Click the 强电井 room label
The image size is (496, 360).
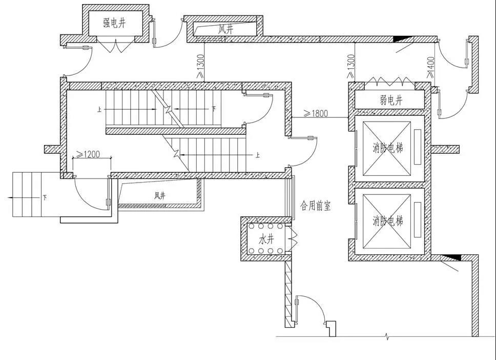[x=114, y=23]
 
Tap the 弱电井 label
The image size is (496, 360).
[x=391, y=101]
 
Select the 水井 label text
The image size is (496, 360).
[x=266, y=239]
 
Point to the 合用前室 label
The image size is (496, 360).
[x=315, y=206]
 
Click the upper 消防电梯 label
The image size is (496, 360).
[x=388, y=148]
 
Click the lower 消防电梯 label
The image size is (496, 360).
[x=388, y=221]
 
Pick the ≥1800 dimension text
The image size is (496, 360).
[x=316, y=113]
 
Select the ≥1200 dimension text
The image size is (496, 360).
[x=88, y=154]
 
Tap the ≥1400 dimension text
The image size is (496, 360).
[x=430, y=67]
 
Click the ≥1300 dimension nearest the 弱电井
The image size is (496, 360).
[x=351, y=66]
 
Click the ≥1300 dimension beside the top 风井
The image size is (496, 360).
[x=200, y=66]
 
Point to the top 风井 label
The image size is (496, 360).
[x=226, y=29]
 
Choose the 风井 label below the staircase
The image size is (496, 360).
[x=160, y=196]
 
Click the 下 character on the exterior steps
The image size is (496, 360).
[x=45, y=198]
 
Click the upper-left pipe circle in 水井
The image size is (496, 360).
[x=252, y=226]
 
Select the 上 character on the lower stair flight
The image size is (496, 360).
[x=258, y=155]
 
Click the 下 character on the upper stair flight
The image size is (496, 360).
[x=214, y=109]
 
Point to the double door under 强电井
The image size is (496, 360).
[x=114, y=45]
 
